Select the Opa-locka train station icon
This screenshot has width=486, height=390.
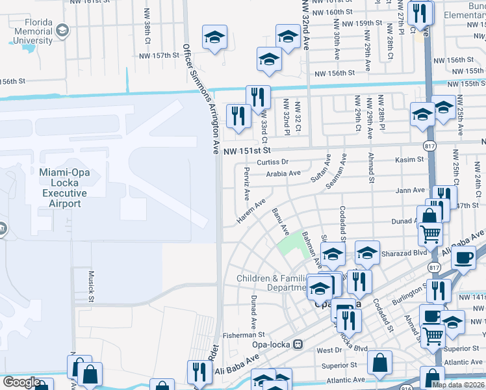tap(298, 343)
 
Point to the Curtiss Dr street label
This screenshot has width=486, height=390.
tap(272, 162)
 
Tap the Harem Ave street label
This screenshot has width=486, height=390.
tap(251, 213)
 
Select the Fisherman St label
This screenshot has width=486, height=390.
tap(242, 335)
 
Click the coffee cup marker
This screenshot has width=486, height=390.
tap(463, 257)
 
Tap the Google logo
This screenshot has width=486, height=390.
tap(21, 382)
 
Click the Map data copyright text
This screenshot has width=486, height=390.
tap(458, 385)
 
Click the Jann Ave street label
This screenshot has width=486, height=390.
tap(410, 190)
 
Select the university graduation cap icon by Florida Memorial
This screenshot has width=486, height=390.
tap(62, 31)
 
